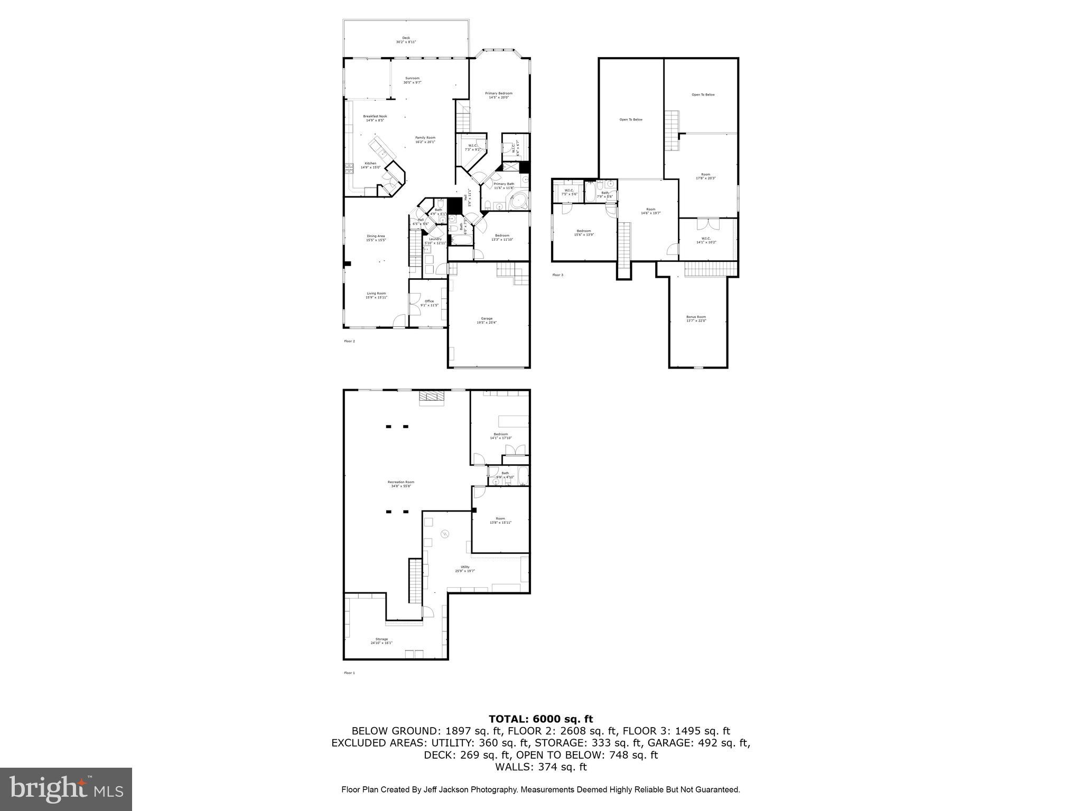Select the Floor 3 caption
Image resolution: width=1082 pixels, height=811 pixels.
tap(557, 275)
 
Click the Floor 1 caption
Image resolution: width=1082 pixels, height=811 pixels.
tap(349, 673)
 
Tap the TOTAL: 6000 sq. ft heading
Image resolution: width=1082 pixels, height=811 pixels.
tap(540, 719)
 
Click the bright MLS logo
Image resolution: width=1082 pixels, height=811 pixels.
tap(66, 789)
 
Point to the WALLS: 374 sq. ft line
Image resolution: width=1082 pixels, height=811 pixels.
tap(540, 767)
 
